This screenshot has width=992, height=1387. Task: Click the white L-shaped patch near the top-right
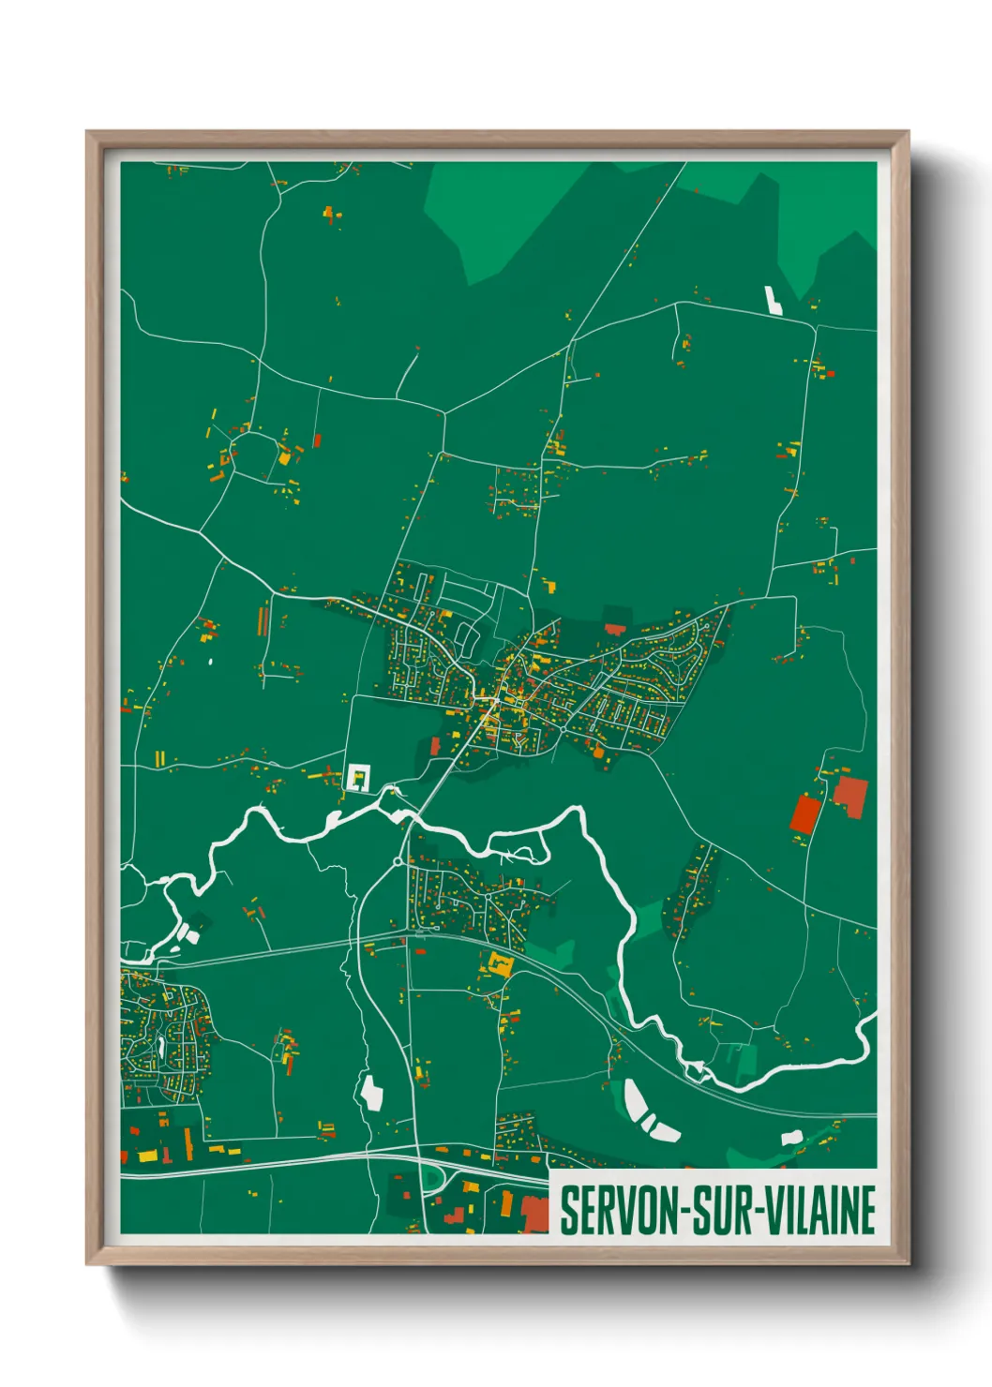pyautogui.click(x=774, y=300)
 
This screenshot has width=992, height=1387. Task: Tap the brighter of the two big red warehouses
pyautogui.click(x=804, y=813)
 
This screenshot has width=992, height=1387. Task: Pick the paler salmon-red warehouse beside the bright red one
pyautogui.click(x=851, y=797)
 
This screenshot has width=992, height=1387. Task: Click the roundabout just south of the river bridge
pyautogui.click(x=398, y=861)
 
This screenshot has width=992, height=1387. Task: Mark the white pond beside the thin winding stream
pyautogui.click(x=372, y=1093)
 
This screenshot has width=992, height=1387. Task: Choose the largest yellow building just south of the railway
pyautogui.click(x=498, y=964)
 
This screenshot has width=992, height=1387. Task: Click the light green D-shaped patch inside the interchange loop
pyautogui.click(x=431, y=1177)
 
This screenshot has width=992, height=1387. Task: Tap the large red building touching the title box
pyautogui.click(x=535, y=1215)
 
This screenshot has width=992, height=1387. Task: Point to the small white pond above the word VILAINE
pyautogui.click(x=791, y=1138)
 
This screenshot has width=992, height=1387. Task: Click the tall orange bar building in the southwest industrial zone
pyautogui.click(x=188, y=1142)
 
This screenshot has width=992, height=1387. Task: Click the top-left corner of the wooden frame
pyautogui.click(x=88, y=133)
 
